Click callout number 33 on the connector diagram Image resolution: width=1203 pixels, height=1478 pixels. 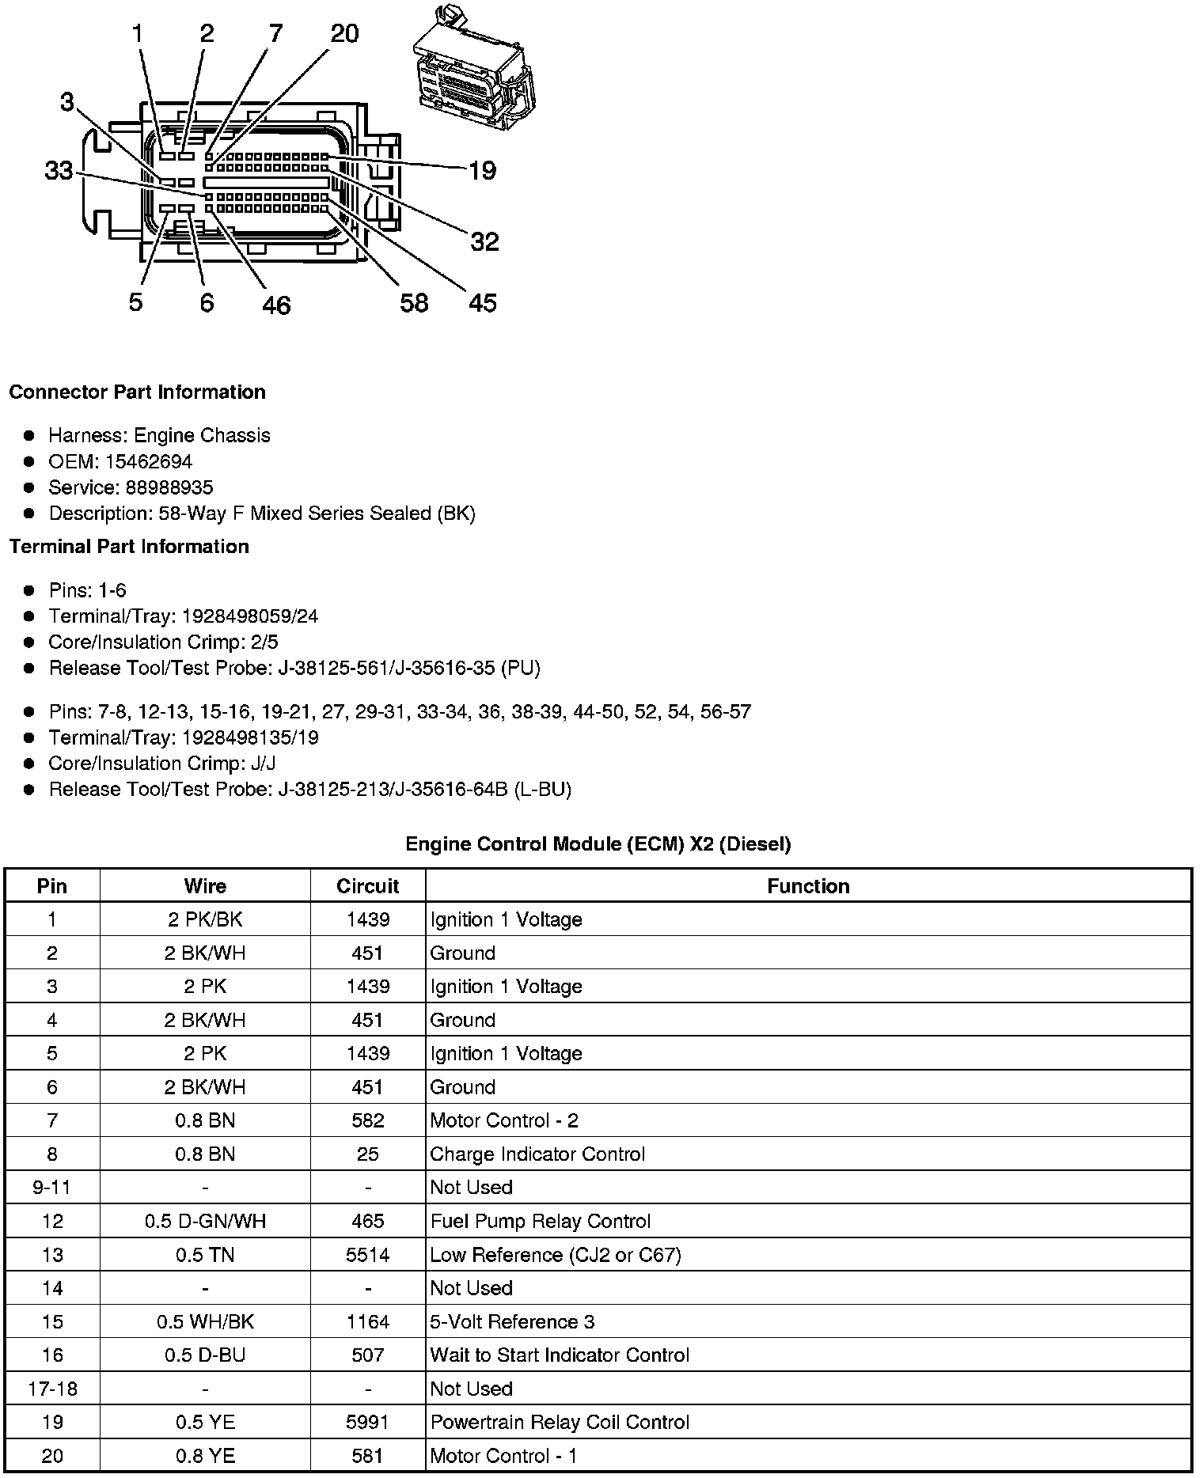click(59, 170)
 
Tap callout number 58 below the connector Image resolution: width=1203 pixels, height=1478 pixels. click(414, 302)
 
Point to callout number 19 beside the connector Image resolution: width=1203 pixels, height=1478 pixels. click(482, 170)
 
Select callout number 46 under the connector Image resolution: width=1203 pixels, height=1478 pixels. click(276, 305)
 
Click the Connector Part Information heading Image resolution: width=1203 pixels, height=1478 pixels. click(137, 392)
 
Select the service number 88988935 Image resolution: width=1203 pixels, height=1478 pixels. click(169, 487)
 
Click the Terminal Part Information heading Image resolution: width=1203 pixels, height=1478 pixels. click(129, 547)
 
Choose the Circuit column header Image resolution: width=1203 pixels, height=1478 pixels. click(367, 886)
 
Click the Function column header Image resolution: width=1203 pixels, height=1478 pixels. click(808, 886)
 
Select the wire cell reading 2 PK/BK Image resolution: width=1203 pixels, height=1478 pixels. click(205, 919)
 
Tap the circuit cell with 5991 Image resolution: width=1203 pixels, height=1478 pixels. click(367, 1422)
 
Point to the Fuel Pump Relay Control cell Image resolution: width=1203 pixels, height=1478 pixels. click(540, 1221)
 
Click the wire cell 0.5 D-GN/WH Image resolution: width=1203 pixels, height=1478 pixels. click(205, 1221)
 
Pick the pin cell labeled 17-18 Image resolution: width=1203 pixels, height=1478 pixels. click(52, 1389)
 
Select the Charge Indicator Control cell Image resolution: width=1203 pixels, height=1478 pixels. click(537, 1154)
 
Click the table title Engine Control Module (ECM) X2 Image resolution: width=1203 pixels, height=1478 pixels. click(598, 844)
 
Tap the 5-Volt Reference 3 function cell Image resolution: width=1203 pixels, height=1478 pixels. click(512, 1321)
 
